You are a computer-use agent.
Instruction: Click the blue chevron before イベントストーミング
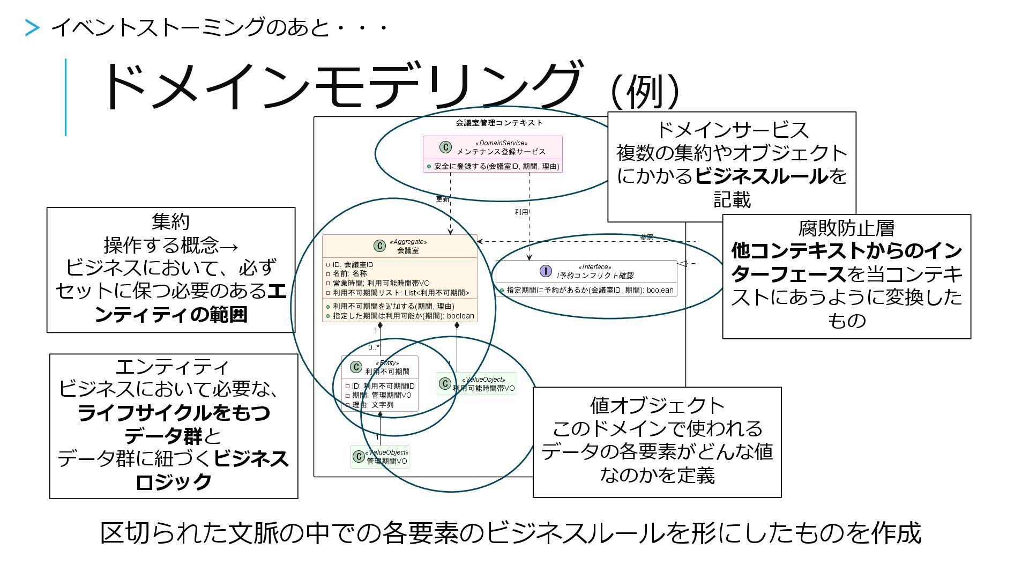[32, 28]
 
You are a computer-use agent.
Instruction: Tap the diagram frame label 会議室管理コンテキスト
[499, 123]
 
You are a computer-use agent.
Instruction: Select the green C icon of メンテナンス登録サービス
[445, 147]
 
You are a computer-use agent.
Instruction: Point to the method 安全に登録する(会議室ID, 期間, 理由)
[496, 167]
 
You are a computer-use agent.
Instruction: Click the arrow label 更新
[442, 199]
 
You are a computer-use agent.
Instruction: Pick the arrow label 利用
[521, 212]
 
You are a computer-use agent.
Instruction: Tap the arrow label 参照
[647, 237]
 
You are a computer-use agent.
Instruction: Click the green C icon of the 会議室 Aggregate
[379, 246]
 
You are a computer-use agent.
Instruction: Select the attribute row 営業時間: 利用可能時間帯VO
[381, 283]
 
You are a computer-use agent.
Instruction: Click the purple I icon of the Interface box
[545, 271]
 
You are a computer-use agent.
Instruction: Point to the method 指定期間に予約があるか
[590, 290]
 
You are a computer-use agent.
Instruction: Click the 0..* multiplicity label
[374, 347]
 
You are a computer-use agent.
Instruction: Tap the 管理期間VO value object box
[380, 457]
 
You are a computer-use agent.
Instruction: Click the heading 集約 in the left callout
[170, 221]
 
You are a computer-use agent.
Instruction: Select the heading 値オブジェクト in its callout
[657, 405]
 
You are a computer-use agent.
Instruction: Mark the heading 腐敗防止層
[846, 228]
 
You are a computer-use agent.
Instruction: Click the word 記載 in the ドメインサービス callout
[732, 200]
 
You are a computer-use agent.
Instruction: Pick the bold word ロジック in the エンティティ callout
[174, 482]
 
